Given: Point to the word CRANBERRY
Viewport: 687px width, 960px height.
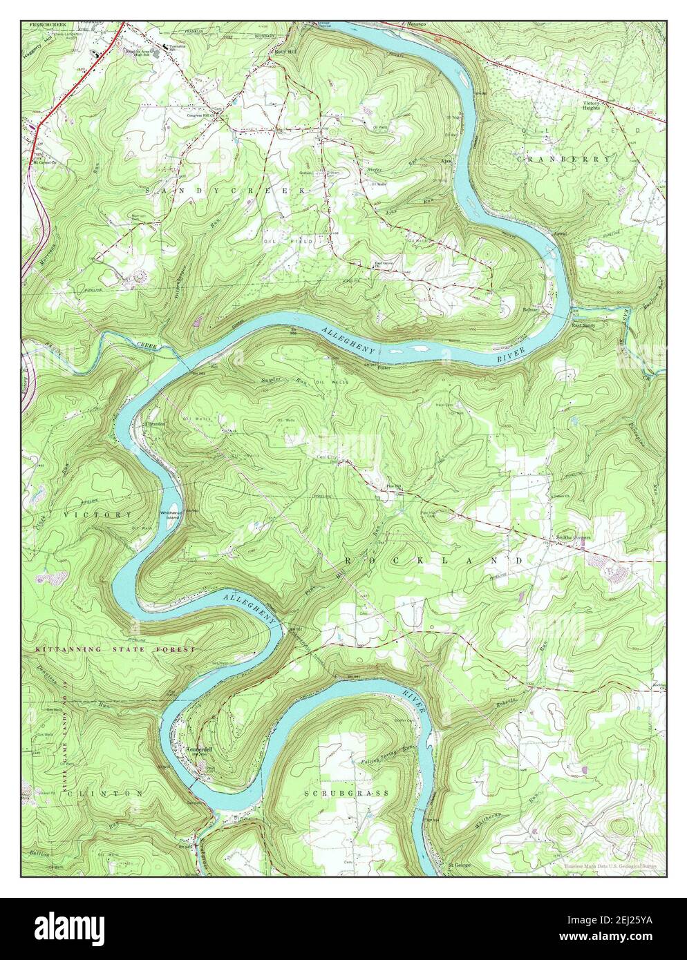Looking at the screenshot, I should click(563, 159).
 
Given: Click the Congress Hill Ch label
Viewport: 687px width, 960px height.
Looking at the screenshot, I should click(202, 115).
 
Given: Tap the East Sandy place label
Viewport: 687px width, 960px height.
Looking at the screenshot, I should click(583, 325).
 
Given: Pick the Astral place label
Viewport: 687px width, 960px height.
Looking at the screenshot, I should click(561, 234).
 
